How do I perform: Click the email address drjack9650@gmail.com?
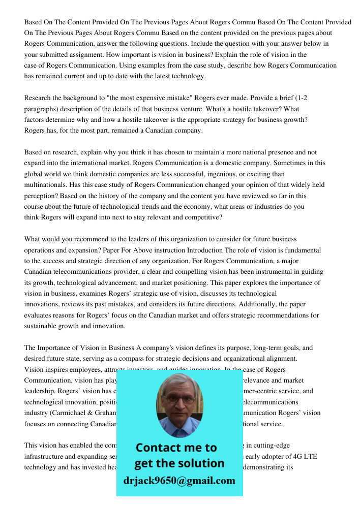tap(179, 481)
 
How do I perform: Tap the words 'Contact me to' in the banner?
tap(176, 448)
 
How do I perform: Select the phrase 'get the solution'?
tap(179, 463)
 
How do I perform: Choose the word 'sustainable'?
tap(42, 326)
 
